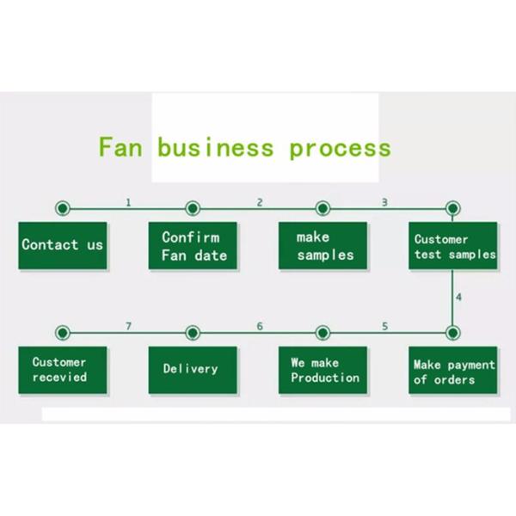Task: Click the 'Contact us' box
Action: [63, 245]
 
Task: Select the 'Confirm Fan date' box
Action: [193, 246]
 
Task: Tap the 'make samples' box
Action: [323, 246]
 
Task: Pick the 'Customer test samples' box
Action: [453, 247]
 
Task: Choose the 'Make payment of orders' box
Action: [453, 372]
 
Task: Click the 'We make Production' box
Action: [323, 371]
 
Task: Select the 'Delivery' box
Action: [192, 370]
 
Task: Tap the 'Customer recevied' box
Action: [63, 371]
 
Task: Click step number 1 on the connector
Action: [128, 203]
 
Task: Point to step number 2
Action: [260, 203]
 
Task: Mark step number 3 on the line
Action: [384, 203]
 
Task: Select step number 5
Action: [384, 327]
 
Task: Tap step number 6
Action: [260, 327]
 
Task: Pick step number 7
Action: [128, 327]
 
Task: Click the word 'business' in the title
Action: [216, 147]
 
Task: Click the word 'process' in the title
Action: [340, 149]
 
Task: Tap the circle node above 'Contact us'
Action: [62, 209]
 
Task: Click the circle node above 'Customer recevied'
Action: [62, 333]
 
